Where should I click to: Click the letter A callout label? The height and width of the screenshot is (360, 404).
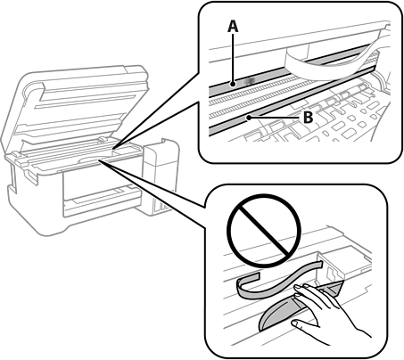click(233, 27)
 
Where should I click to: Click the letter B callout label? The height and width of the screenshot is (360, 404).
click(309, 118)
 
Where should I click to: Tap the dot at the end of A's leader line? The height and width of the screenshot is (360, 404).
click(234, 85)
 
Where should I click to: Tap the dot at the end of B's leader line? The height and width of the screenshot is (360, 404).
click(249, 118)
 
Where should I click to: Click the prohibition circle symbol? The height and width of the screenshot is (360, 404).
click(264, 231)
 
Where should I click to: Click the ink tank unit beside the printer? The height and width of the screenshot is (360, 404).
click(161, 176)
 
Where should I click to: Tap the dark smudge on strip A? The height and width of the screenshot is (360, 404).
click(249, 81)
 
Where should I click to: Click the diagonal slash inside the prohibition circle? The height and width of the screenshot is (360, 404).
click(264, 231)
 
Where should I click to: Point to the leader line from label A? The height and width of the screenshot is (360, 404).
click(234, 59)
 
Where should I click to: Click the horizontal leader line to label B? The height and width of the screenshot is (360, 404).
click(274, 118)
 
